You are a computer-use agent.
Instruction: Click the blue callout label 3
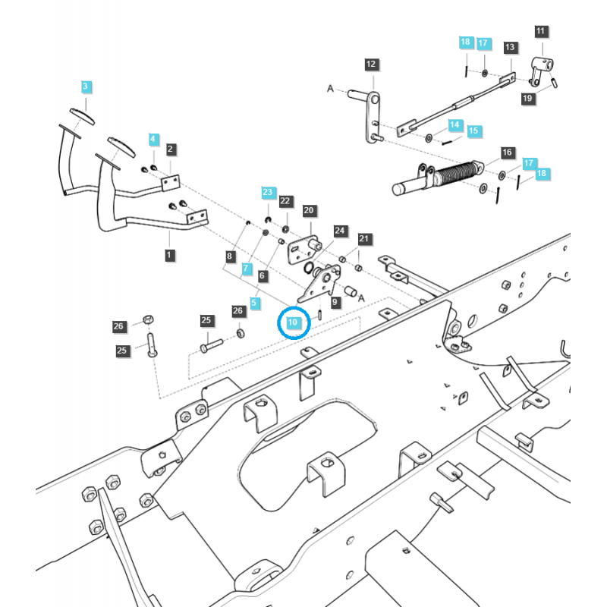[x=86, y=86]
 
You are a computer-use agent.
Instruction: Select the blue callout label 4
[x=154, y=140]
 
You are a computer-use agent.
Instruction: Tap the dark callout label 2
[x=171, y=149]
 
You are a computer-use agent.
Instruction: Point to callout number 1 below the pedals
[x=168, y=256]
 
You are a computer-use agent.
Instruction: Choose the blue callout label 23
[x=267, y=193]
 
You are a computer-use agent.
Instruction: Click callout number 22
[x=285, y=201]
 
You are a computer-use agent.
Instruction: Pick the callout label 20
[x=308, y=210]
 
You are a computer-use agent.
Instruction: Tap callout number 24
[x=340, y=230]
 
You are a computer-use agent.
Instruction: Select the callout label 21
[x=364, y=239]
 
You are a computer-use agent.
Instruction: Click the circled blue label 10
[x=294, y=322]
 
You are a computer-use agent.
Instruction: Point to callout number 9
[x=335, y=301]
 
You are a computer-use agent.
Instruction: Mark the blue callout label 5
[x=254, y=303]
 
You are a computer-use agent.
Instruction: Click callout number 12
[x=371, y=64]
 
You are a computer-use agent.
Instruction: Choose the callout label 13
[x=510, y=47]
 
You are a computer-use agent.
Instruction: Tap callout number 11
[x=540, y=31]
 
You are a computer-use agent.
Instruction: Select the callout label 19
[x=528, y=98]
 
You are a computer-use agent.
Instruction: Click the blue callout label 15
[x=474, y=131]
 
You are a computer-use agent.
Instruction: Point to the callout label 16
[x=508, y=153]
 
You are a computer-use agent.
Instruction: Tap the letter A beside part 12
[x=331, y=90]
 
